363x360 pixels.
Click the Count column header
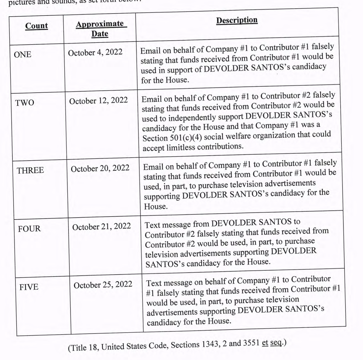click(36, 26)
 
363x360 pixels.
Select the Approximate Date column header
click(100, 29)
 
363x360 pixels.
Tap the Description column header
click(237, 20)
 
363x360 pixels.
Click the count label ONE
click(23, 54)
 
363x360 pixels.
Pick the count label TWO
click(25, 103)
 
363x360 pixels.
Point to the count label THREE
click(30, 170)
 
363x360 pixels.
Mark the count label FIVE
click(29, 287)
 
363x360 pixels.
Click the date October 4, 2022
click(95, 53)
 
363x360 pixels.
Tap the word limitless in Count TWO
click(181, 147)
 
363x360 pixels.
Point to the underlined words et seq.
click(272, 343)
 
